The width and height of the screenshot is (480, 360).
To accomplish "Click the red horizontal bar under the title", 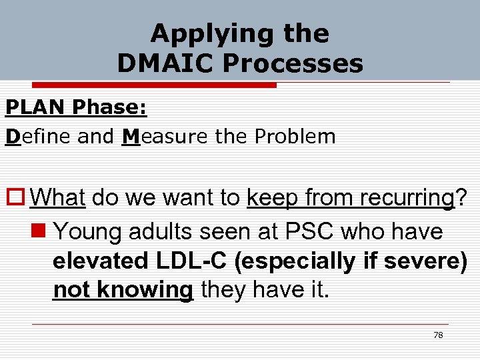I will coord(141,85).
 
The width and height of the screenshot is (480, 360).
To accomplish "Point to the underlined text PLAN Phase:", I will coord(76,107).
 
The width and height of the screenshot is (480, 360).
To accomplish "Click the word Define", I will coord(40,137).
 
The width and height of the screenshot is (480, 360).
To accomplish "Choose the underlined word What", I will coord(58,198).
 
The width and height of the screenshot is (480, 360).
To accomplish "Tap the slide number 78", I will coord(438,335).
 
